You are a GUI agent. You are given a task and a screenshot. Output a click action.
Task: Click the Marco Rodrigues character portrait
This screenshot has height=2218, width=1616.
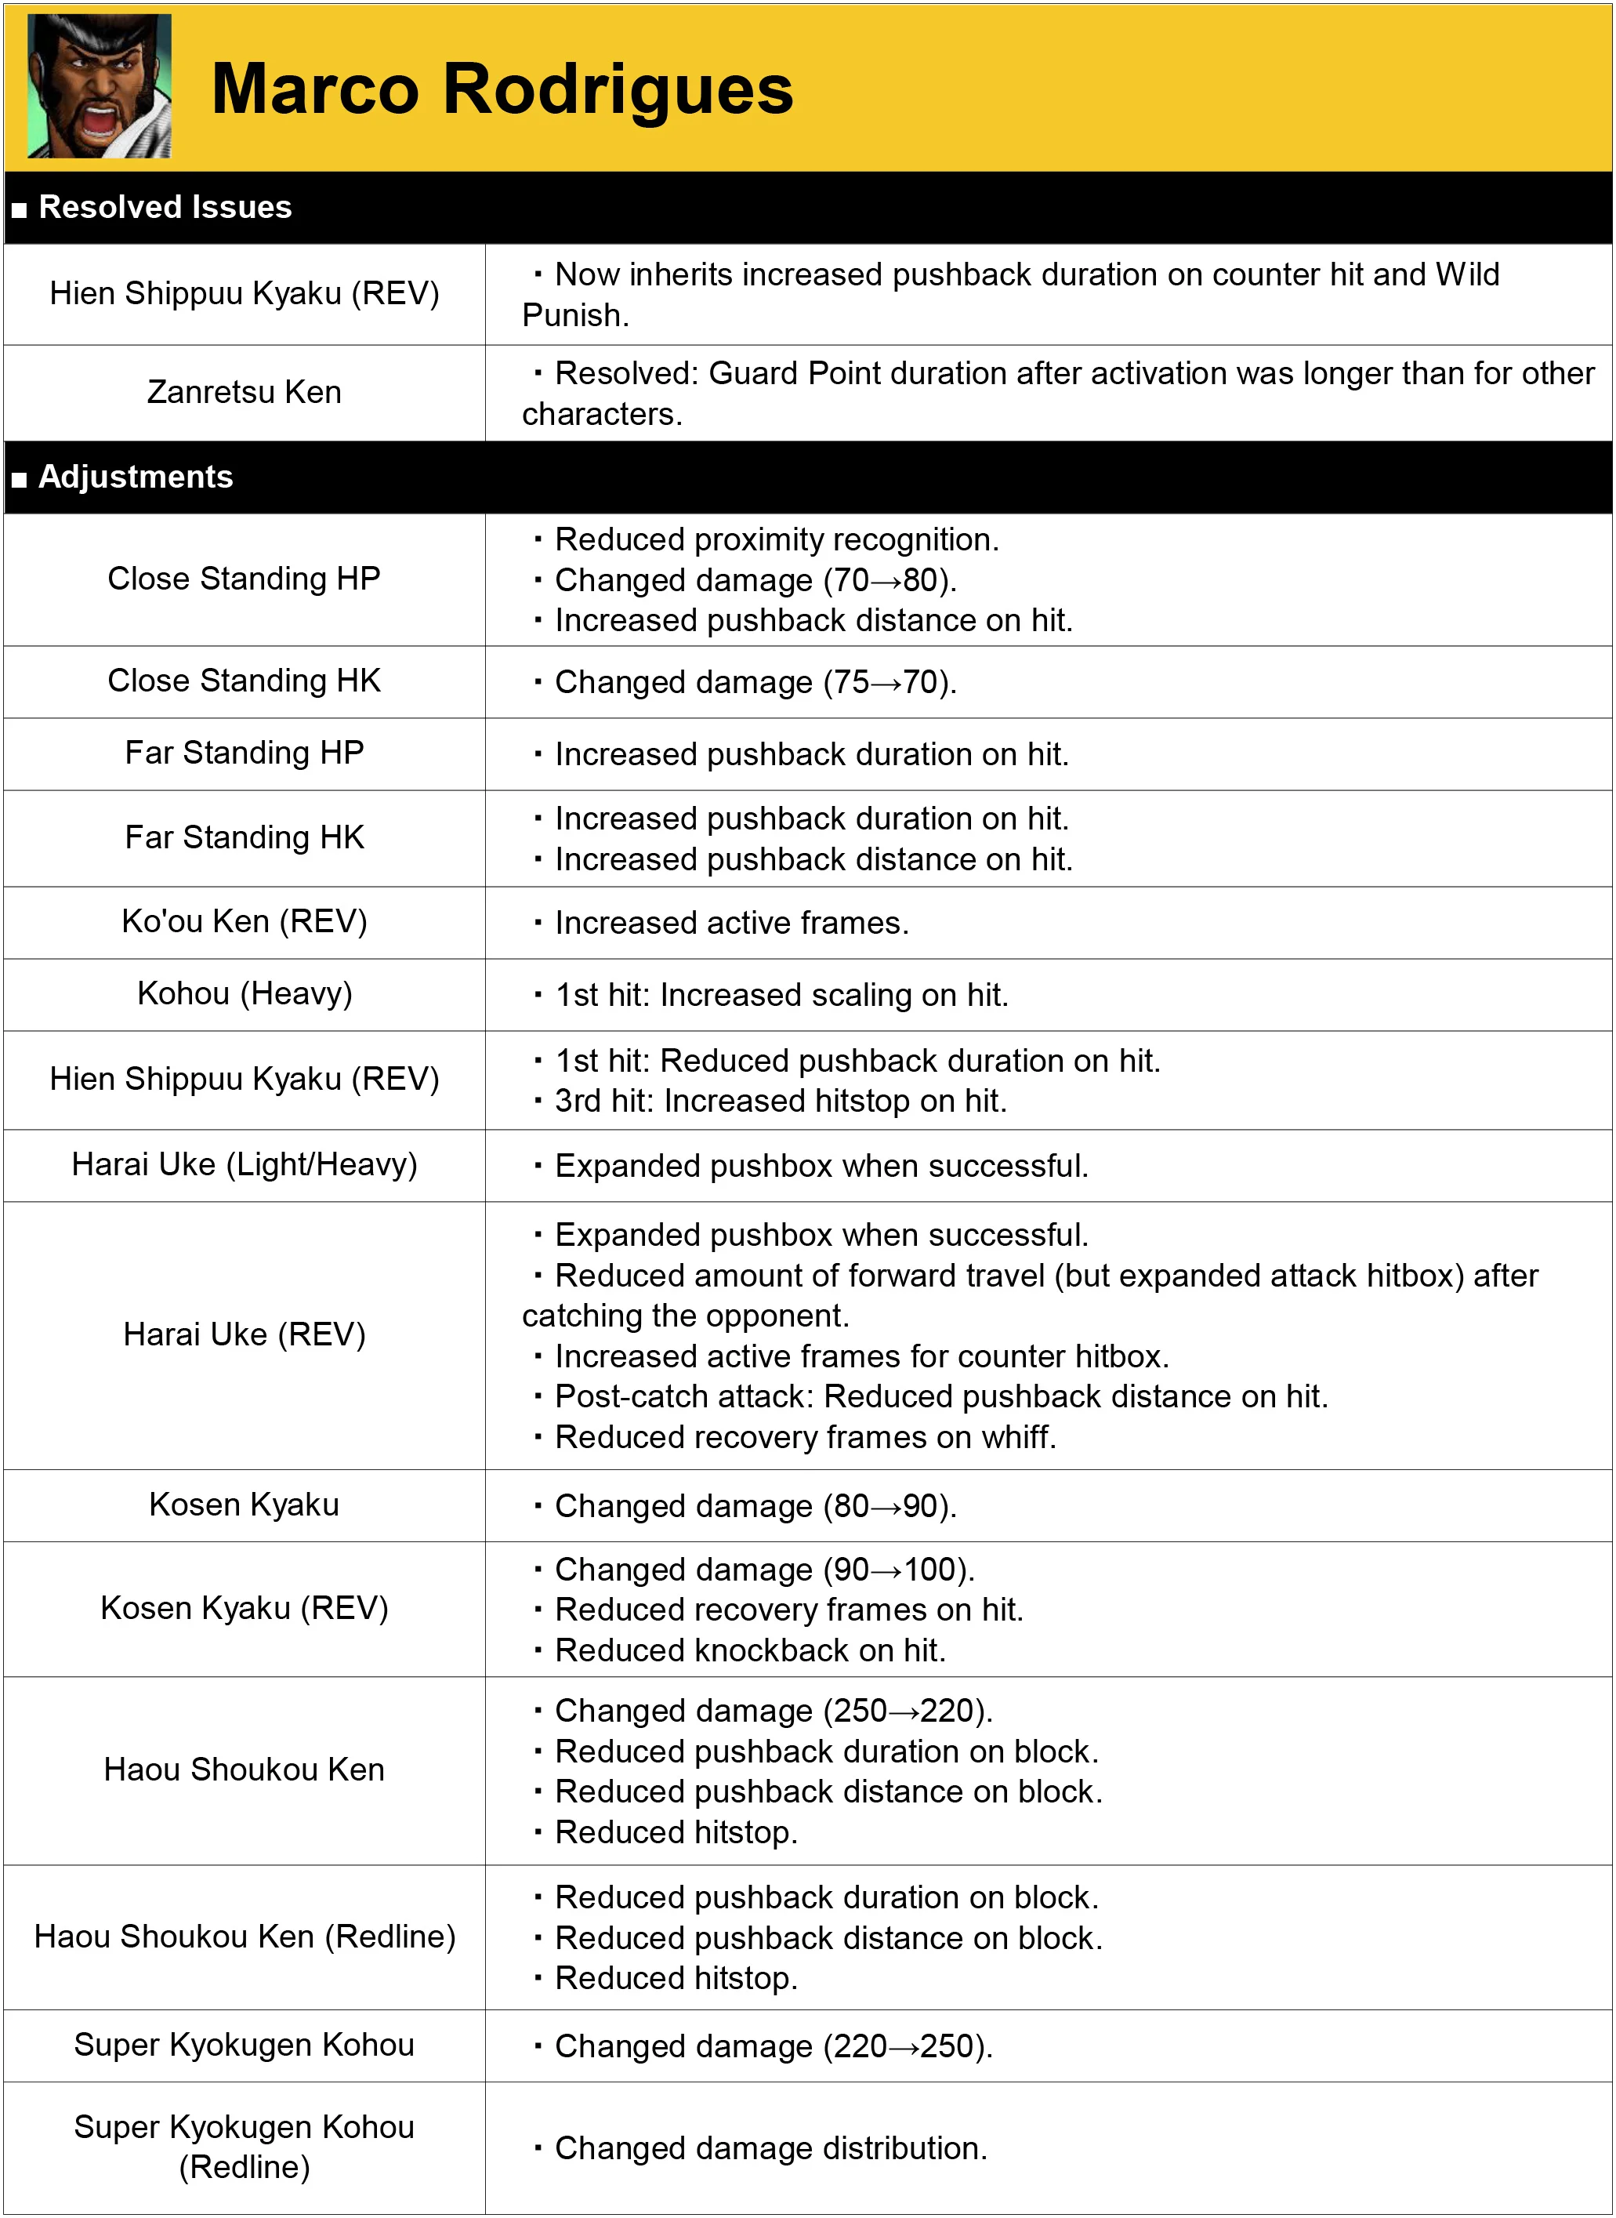point(99,86)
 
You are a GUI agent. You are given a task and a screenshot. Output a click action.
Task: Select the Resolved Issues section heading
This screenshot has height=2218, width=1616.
point(165,208)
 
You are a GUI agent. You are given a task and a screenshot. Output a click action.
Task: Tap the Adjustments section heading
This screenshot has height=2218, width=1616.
point(135,477)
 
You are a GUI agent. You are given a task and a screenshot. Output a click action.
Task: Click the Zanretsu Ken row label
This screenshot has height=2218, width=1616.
point(244,392)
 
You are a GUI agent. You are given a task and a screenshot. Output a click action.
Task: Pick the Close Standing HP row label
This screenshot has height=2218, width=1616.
point(244,579)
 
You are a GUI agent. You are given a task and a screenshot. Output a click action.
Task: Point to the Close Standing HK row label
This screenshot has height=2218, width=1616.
point(244,680)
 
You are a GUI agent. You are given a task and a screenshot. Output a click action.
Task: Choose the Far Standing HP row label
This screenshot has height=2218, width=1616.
point(244,753)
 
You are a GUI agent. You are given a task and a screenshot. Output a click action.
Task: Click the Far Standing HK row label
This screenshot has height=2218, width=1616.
point(244,837)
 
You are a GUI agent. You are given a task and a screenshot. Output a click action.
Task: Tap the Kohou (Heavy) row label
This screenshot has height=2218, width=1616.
point(244,993)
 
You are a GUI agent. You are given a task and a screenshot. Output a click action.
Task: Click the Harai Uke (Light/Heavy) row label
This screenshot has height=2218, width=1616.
point(244,1164)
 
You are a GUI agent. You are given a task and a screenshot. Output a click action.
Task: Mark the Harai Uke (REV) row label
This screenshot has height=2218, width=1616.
point(244,1334)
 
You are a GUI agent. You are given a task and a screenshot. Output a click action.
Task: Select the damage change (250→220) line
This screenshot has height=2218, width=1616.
point(773,1710)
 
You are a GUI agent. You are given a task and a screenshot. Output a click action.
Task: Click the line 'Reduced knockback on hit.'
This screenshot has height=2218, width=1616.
point(749,1650)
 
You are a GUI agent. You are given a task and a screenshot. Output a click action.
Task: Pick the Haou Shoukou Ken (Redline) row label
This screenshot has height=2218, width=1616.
point(244,1937)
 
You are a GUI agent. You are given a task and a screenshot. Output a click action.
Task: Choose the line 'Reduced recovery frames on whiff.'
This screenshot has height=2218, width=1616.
point(805,1437)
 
